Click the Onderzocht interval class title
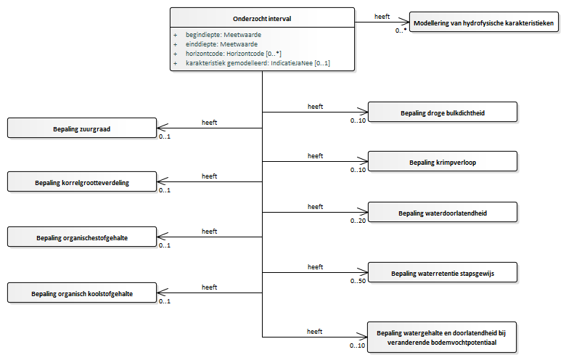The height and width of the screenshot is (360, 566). pyautogui.click(x=262, y=19)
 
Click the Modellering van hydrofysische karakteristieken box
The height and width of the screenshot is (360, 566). pyautogui.click(x=484, y=22)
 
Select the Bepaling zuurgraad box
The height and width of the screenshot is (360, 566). pyautogui.click(x=82, y=128)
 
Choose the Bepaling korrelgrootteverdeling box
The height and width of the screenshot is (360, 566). pyautogui.click(x=82, y=181)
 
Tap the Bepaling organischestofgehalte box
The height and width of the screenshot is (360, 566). pyautogui.click(x=82, y=237)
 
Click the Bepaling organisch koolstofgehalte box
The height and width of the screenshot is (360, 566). pyautogui.click(x=82, y=292)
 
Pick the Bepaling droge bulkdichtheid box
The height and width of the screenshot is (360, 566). pyautogui.click(x=443, y=112)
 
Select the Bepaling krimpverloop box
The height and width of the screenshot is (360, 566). pyautogui.click(x=443, y=161)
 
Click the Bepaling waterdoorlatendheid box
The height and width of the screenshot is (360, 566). pyautogui.click(x=443, y=213)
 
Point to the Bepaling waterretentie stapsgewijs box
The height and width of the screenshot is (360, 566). pyautogui.click(x=443, y=273)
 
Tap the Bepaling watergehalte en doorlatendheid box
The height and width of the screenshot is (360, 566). pyautogui.click(x=442, y=337)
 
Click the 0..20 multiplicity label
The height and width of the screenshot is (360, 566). pyautogui.click(x=358, y=221)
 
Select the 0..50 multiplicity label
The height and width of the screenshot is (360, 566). pyautogui.click(x=358, y=281)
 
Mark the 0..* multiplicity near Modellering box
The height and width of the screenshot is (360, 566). pyautogui.click(x=401, y=30)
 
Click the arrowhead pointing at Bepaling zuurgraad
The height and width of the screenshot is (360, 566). pyautogui.click(x=163, y=128)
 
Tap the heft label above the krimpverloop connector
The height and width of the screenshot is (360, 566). pyautogui.click(x=315, y=156)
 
